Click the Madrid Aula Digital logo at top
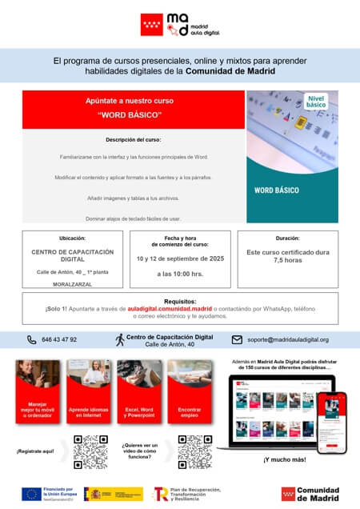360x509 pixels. (x=179, y=24)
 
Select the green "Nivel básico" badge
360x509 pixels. (x=316, y=101)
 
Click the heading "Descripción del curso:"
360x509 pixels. (x=133, y=140)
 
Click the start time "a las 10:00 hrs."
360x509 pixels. (x=179, y=274)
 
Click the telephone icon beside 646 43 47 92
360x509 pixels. (x=32, y=339)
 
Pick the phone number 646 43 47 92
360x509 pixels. (x=59, y=339)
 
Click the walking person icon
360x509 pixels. (x=120, y=339)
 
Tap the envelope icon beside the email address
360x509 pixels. (x=237, y=339)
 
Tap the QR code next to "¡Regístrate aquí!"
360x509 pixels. (x=90, y=451)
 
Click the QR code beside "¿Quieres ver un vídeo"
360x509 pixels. (x=194, y=451)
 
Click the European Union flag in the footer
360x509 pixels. (x=32, y=494)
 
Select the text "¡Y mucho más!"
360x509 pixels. (x=284, y=459)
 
